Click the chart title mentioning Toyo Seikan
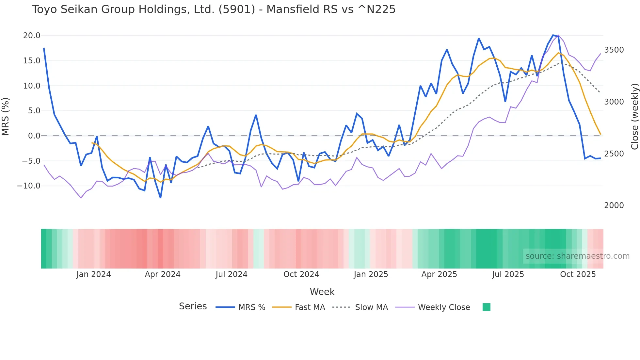tap(214, 9)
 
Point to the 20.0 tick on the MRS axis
tap(32, 36)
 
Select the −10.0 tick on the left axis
tap(29, 186)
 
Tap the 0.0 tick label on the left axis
tap(34, 136)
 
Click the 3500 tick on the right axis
tap(614, 50)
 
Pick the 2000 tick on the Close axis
tap(614, 205)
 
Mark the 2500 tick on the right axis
tap(614, 154)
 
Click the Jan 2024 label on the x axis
tap(93, 274)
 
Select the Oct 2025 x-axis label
tap(578, 274)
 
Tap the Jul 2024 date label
tap(231, 274)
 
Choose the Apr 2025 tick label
tap(439, 274)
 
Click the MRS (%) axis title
tap(6, 117)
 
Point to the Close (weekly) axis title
tap(634, 117)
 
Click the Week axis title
tap(322, 292)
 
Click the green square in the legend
tap(486, 307)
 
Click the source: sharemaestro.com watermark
tap(577, 256)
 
